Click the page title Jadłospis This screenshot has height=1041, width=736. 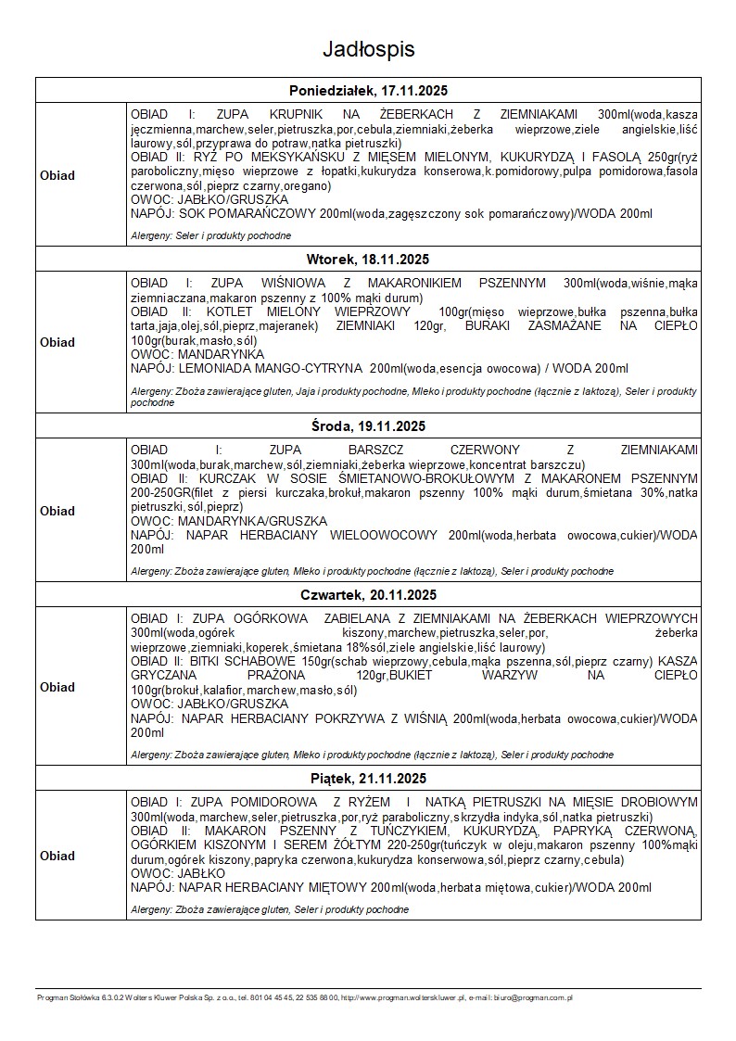point(368,49)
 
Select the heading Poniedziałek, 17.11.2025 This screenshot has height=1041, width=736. point(368,90)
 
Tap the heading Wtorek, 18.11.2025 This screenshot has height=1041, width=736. point(368,259)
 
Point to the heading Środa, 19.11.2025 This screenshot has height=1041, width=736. point(368,426)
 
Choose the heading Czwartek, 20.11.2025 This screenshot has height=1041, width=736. point(368,595)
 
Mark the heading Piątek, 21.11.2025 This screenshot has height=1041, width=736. point(368,779)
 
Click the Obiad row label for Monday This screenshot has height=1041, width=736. point(57,175)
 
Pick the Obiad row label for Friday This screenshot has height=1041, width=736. point(57,856)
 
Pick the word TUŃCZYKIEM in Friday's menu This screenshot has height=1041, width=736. point(369,832)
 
